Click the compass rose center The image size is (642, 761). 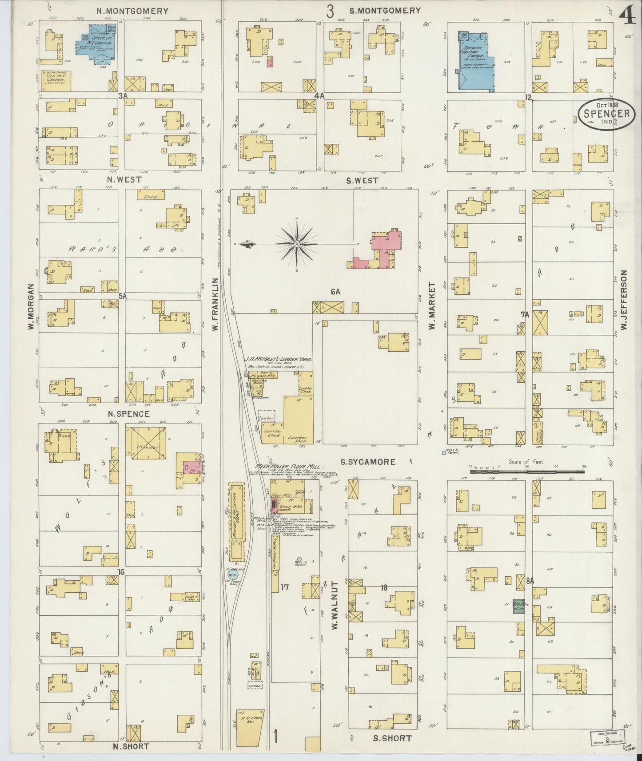tap(296, 244)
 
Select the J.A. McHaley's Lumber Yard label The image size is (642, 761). tap(278, 358)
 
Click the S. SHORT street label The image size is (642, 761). tap(392, 738)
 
